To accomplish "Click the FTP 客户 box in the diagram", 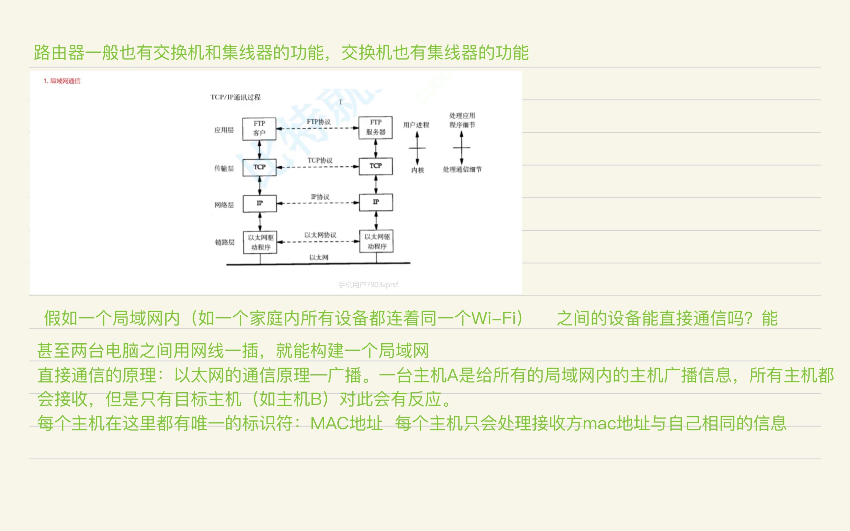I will [259, 129].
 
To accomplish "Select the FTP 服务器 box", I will [375, 127].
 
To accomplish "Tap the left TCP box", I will [259, 167].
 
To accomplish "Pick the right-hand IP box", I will [376, 202].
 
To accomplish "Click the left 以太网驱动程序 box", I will [260, 242].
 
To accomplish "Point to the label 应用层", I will [224, 130].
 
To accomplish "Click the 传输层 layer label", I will [224, 168].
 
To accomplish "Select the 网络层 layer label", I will [224, 205].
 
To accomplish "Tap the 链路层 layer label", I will [224, 242].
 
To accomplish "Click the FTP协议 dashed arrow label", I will [318, 122].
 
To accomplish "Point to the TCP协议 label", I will [320, 160].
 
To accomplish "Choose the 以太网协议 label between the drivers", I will [320, 235].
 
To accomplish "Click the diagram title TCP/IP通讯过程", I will [235, 97].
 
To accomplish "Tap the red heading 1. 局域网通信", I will [62, 81].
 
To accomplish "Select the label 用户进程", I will [416, 125].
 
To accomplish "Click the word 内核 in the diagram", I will [418, 170].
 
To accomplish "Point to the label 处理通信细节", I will [462, 170].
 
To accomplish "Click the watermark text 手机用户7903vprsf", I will [368, 285].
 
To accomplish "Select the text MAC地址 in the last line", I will [346, 423].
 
